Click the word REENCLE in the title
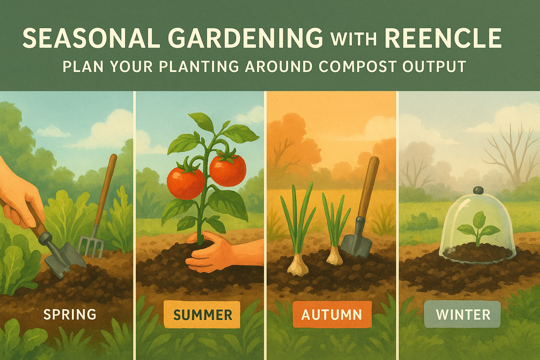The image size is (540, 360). click(443, 38)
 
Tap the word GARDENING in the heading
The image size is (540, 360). click(246, 38)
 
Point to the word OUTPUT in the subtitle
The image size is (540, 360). click(434, 67)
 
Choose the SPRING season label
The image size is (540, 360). click(70, 314)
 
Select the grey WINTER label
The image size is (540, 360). click(463, 315)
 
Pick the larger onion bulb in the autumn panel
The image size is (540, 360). click(298, 266)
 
